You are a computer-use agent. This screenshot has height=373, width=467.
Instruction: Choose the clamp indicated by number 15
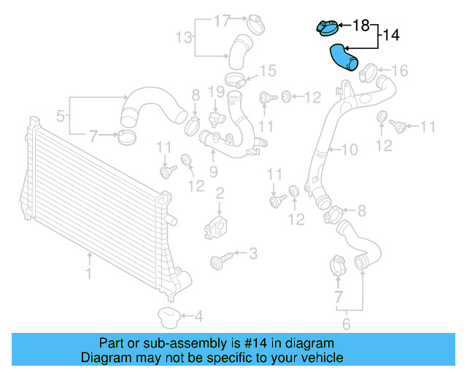pyautogui.click(x=234, y=79)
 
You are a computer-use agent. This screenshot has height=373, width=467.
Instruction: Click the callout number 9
pyautogui.click(x=214, y=171)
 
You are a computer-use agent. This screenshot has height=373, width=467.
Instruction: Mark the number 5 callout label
pyautogui.click(x=61, y=114)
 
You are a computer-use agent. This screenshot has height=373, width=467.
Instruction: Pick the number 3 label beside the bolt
pyautogui.click(x=252, y=254)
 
